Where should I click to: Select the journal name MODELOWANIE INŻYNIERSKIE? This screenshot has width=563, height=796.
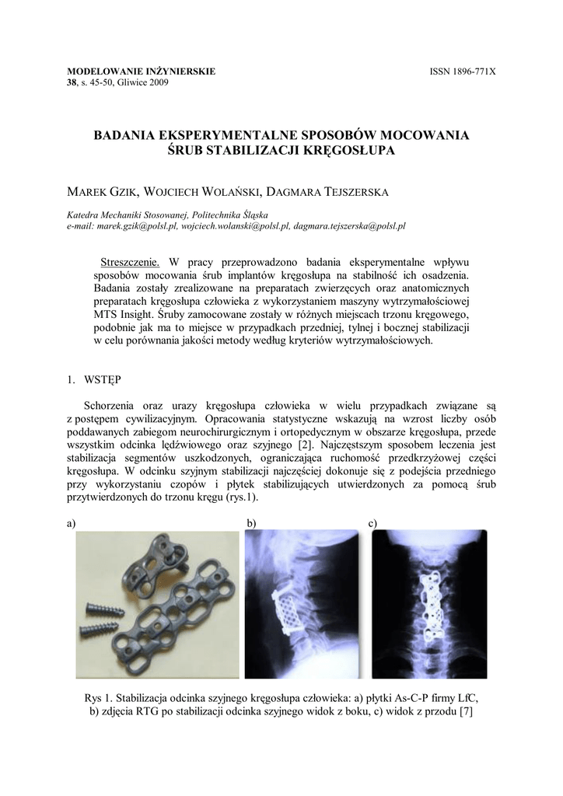coord(142,72)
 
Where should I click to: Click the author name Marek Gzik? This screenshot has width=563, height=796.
coord(99,192)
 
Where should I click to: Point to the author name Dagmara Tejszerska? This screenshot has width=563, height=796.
coord(332,192)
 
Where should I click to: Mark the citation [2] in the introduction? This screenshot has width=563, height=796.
coord(308,443)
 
